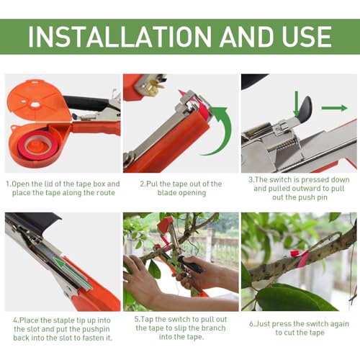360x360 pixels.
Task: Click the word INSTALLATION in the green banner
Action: (x=120, y=37)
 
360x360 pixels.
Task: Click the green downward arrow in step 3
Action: (x=297, y=104)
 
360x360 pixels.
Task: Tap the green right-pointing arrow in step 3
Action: (x=334, y=108)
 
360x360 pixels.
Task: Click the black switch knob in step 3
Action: (x=305, y=108)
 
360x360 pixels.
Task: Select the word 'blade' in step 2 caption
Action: (x=168, y=193)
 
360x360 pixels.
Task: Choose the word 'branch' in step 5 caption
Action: (x=212, y=328)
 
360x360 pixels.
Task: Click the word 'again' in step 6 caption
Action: (x=339, y=324)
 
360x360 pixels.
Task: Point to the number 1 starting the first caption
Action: (x=8, y=184)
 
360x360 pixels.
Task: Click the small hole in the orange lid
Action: (x=35, y=104)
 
